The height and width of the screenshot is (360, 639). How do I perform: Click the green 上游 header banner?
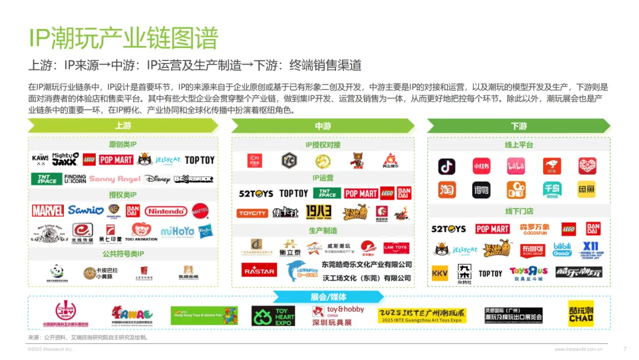click(x=123, y=126)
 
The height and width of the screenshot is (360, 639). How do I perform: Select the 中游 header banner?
click(x=322, y=126)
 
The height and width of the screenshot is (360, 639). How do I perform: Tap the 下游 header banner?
click(x=518, y=126)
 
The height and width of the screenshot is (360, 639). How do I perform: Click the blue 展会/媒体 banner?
click(x=328, y=296)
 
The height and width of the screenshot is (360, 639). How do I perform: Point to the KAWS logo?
click(x=40, y=159)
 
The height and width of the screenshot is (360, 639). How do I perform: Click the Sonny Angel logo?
click(x=115, y=179)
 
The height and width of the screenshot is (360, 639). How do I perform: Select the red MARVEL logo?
click(x=48, y=211)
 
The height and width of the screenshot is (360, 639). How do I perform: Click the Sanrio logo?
click(x=86, y=211)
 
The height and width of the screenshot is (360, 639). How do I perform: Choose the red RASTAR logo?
click(x=259, y=271)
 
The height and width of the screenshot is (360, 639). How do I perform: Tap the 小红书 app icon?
click(x=481, y=166)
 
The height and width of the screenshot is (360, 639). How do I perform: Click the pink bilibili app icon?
click(x=516, y=166)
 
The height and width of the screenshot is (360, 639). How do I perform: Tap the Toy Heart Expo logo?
click(x=273, y=316)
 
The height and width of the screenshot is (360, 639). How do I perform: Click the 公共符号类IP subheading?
click(x=122, y=254)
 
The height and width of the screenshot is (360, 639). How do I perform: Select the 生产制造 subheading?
click(x=323, y=230)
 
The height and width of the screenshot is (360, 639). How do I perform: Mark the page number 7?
click(x=625, y=349)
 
